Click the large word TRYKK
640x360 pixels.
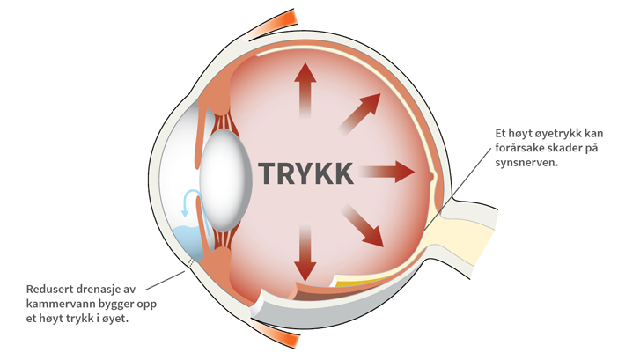[x=305, y=173]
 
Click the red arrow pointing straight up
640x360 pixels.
[x=305, y=88]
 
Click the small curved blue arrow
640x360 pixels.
[x=187, y=202]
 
